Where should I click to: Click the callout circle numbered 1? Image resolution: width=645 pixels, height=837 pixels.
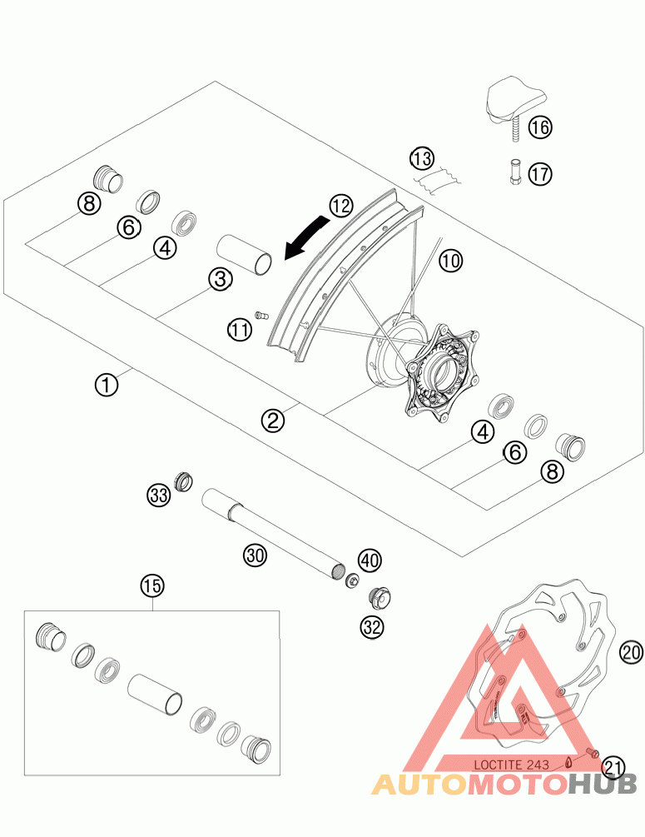pyautogui.click(x=106, y=384)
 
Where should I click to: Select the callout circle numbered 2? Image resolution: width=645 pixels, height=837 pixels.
pyautogui.click(x=272, y=421)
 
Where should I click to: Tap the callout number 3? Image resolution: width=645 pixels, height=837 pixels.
pyautogui.click(x=220, y=280)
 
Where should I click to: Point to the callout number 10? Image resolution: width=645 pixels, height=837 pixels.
pyautogui.click(x=450, y=262)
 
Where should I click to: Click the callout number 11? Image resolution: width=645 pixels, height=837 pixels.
pyautogui.click(x=240, y=330)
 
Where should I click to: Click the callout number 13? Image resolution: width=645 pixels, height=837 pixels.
pyautogui.click(x=422, y=158)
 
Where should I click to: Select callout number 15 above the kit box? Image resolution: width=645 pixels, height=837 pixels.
pyautogui.click(x=151, y=586)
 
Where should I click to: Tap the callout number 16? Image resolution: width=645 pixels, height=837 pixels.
pyautogui.click(x=539, y=127)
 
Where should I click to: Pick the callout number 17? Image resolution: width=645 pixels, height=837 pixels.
pyautogui.click(x=539, y=174)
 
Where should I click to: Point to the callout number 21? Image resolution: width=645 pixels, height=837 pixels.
pyautogui.click(x=613, y=765)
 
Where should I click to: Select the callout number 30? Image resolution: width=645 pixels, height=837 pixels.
pyautogui.click(x=255, y=554)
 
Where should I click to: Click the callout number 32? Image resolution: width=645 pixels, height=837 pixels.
pyautogui.click(x=371, y=626)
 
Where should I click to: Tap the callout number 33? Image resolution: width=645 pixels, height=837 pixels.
pyautogui.click(x=159, y=496)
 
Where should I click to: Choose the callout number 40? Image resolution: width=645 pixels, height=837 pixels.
pyautogui.click(x=370, y=560)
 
